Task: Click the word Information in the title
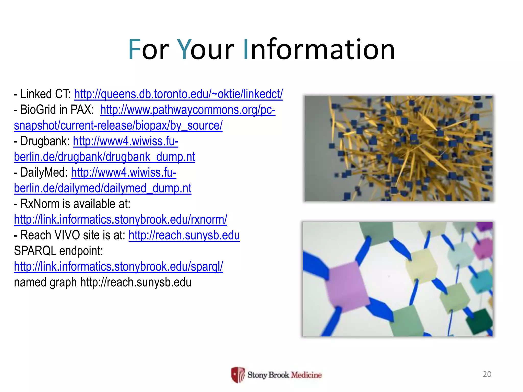point(319,49)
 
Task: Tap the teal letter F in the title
point(134,49)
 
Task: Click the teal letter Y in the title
point(184,49)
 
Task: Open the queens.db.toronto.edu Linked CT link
point(178,94)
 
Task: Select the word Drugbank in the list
point(45,141)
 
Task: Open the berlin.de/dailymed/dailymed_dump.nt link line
point(102,188)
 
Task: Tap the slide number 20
point(487,374)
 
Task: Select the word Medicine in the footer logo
point(306,375)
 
